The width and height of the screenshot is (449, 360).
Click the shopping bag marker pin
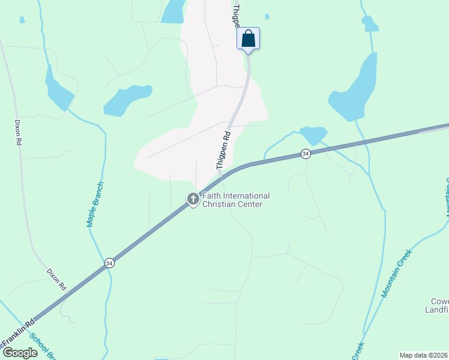click(248, 40)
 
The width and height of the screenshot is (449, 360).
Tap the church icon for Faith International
click(193, 199)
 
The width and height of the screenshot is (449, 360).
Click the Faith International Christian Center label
click(235, 200)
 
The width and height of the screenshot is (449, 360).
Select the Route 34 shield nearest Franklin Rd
click(109, 263)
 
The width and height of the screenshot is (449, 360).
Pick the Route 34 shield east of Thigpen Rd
click(306, 154)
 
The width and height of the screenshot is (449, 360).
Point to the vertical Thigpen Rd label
click(223, 149)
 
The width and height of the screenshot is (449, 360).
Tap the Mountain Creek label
click(397, 273)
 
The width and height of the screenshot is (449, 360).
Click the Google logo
click(20, 352)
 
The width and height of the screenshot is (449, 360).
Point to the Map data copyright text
click(424, 355)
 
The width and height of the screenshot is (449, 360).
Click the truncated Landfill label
click(439, 305)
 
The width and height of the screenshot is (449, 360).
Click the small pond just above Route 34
click(313, 134)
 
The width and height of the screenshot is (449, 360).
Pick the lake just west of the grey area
click(126, 100)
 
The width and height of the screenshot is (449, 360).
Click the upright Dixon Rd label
click(18, 131)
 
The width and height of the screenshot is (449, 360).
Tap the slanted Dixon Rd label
click(56, 280)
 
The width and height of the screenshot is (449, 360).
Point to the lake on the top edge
click(173, 11)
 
